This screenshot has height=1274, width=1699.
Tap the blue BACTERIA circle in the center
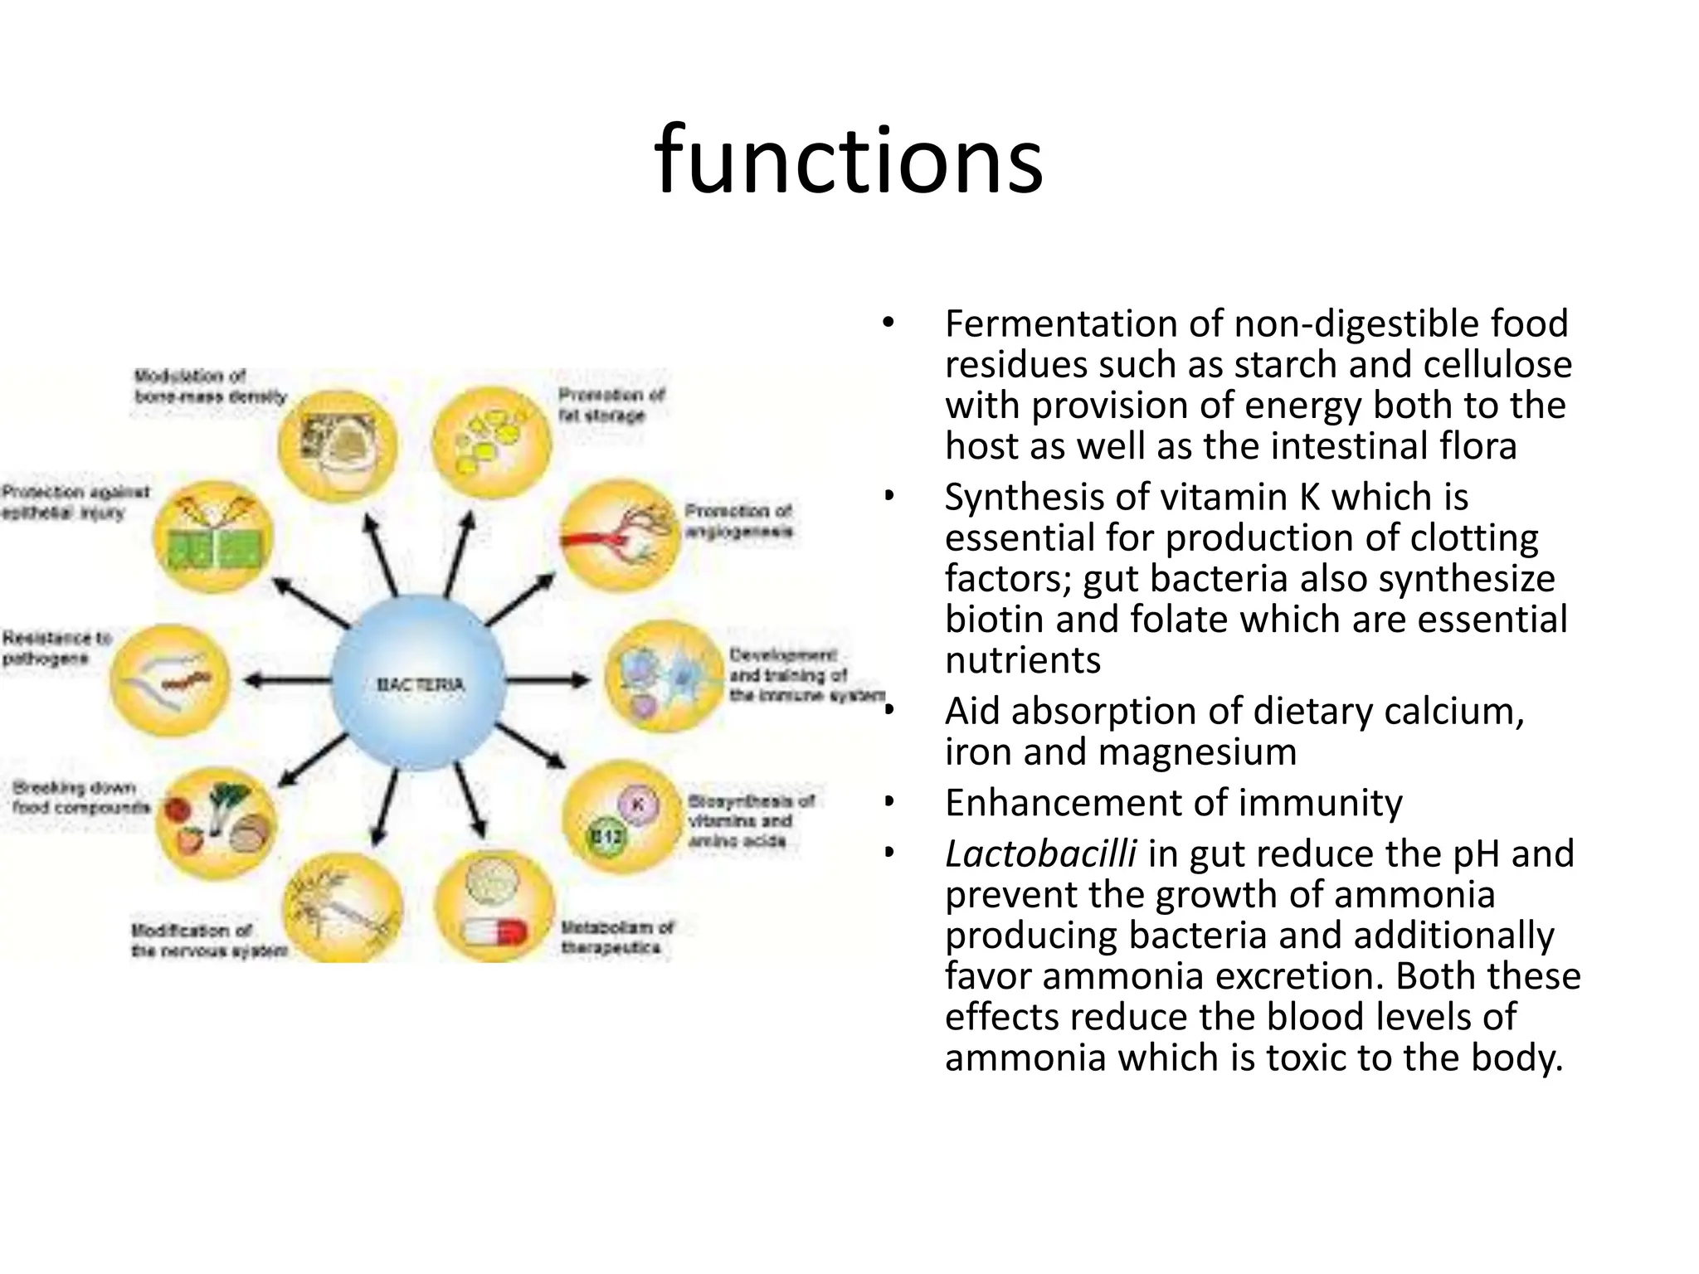point(420,683)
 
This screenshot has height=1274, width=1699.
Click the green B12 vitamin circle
point(606,836)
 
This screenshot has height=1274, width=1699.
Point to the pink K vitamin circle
point(638,804)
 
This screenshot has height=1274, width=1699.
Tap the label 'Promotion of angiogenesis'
point(738,520)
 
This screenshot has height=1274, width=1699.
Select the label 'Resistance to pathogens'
point(56,648)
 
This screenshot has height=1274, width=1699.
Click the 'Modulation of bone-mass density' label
point(209,387)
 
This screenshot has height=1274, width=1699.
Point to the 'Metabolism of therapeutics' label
point(617,937)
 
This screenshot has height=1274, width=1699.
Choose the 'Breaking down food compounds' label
point(80,796)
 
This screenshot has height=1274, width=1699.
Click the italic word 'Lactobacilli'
point(1039,853)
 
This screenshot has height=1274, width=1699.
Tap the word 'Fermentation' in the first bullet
point(1060,323)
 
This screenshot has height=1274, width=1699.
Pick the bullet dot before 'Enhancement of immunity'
point(888,802)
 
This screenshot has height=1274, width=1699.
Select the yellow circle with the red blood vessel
point(619,536)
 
